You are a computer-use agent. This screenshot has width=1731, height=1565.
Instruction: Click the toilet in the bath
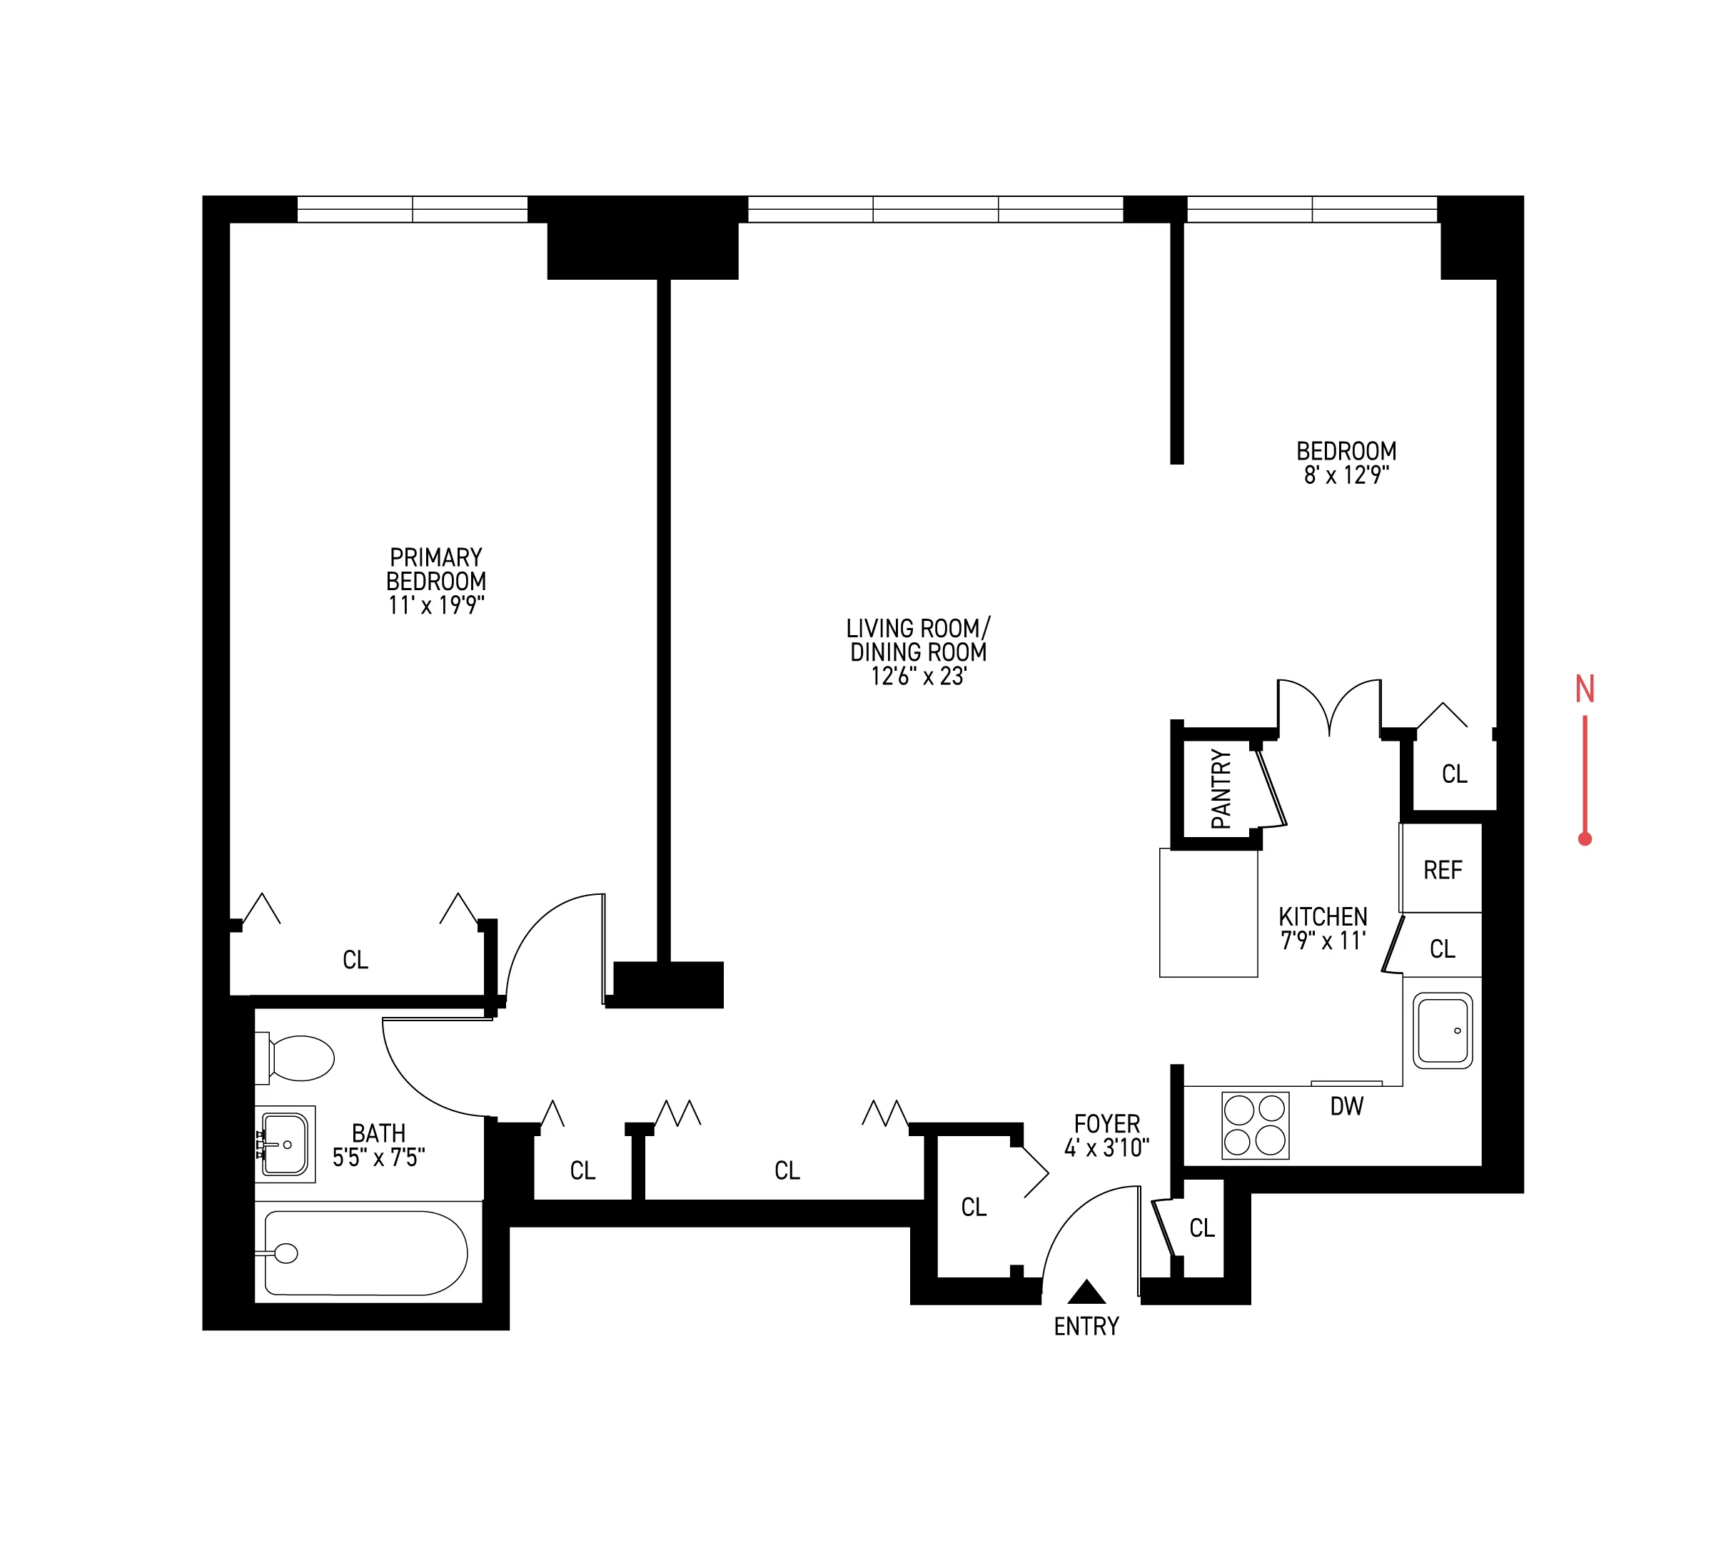[x=296, y=1058]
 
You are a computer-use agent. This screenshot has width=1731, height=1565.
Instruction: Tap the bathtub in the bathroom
[x=365, y=1252]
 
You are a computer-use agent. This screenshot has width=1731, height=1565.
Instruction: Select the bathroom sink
[x=285, y=1143]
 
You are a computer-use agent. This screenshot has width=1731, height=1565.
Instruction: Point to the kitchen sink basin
[x=1443, y=1030]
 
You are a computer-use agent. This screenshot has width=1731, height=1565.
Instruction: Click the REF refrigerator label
[x=1443, y=871]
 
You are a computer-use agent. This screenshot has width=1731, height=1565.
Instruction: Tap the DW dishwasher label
[x=1346, y=1108]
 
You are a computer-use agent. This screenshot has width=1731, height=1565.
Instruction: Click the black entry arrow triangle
[x=1086, y=1291]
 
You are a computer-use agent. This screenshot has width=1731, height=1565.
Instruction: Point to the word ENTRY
[x=1086, y=1327]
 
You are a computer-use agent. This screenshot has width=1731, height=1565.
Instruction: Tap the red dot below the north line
[x=1585, y=839]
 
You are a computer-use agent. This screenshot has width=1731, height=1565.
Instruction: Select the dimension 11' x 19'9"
[x=436, y=605]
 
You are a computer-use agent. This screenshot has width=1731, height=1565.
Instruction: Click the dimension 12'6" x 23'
[x=919, y=677]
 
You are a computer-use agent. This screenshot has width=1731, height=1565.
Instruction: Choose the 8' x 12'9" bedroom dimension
[x=1346, y=475]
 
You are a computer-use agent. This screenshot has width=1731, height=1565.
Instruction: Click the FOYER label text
[x=1107, y=1124]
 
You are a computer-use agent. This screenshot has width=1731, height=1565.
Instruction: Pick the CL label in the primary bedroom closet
[x=355, y=960]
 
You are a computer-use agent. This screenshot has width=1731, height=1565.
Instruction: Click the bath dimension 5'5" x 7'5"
[x=378, y=1158]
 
